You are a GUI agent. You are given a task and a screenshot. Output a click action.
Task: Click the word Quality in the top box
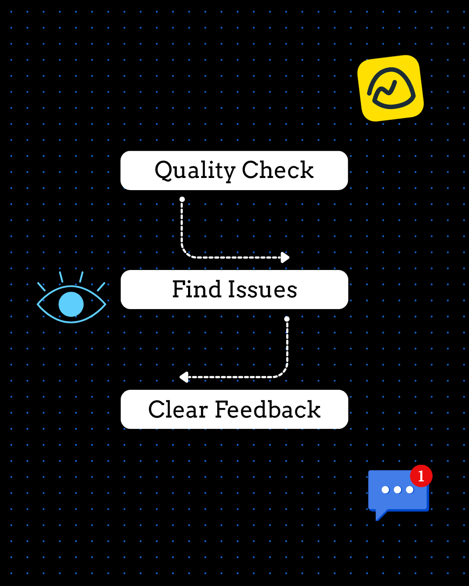point(195,170)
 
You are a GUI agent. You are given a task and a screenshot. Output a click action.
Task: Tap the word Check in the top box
point(277,170)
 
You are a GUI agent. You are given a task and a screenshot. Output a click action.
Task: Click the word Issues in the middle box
point(263,290)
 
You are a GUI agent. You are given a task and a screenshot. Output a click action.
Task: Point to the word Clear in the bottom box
point(178,409)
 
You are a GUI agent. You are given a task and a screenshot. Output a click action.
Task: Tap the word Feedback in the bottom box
point(268,409)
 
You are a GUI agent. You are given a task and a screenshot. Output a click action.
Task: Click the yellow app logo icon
point(390,88)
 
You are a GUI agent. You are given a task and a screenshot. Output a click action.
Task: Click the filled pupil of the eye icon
point(71,304)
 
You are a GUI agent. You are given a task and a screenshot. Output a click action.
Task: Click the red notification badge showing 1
point(421,476)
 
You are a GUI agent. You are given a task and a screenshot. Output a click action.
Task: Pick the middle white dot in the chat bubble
point(397,490)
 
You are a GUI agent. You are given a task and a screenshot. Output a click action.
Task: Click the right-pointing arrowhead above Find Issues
point(285,257)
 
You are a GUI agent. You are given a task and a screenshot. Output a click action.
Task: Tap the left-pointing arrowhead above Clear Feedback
point(184,377)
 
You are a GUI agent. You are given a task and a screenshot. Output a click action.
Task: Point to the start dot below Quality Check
point(182,199)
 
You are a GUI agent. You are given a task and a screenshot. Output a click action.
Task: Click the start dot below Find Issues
point(287,319)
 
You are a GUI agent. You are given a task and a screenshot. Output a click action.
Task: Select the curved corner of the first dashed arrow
point(186,253)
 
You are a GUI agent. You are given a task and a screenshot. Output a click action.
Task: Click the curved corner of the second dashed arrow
point(283,373)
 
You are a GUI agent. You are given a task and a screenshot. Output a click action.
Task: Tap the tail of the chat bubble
point(381,515)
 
